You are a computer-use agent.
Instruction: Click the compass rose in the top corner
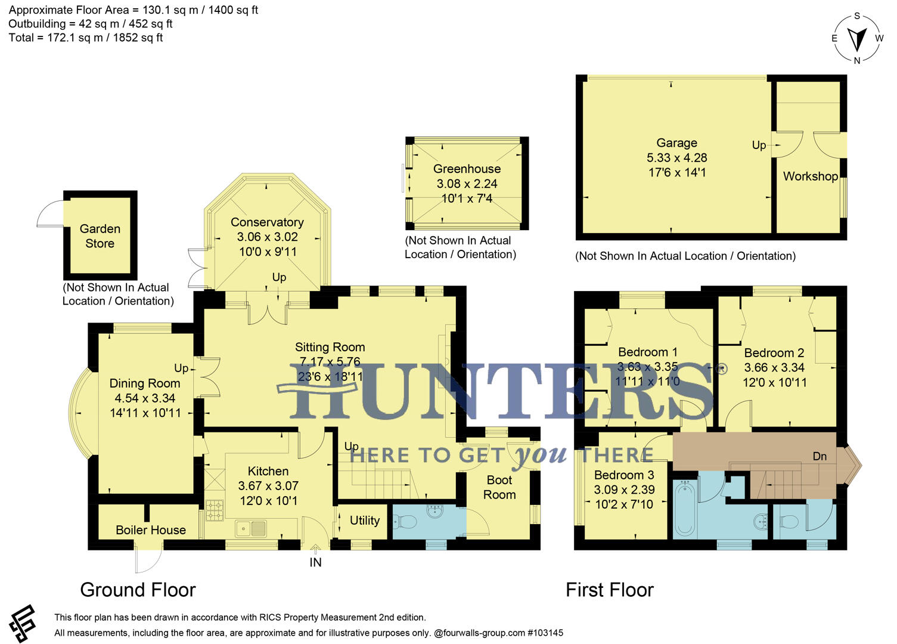tap(857, 38)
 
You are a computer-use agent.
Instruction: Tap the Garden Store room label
tap(100, 236)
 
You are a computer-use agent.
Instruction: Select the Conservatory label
tap(267, 222)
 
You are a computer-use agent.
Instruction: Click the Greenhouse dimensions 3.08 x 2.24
tap(467, 184)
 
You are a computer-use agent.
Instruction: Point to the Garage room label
tap(676, 143)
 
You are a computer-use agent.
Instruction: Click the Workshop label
tap(810, 177)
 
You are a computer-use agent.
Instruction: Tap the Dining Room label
tap(145, 383)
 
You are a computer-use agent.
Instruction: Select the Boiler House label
tap(151, 530)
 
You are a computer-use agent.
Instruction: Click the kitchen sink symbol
tap(251, 528)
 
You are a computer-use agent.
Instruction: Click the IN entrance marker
tap(315, 562)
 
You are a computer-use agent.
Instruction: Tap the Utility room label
tap(365, 521)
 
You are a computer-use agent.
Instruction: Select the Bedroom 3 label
tap(624, 475)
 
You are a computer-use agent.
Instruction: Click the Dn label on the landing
tap(820, 456)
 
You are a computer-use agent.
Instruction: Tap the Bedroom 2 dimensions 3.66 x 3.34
tap(774, 368)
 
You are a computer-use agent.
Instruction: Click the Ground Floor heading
tap(138, 590)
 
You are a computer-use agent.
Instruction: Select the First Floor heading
tap(609, 590)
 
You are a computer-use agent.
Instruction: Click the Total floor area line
tap(86, 38)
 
